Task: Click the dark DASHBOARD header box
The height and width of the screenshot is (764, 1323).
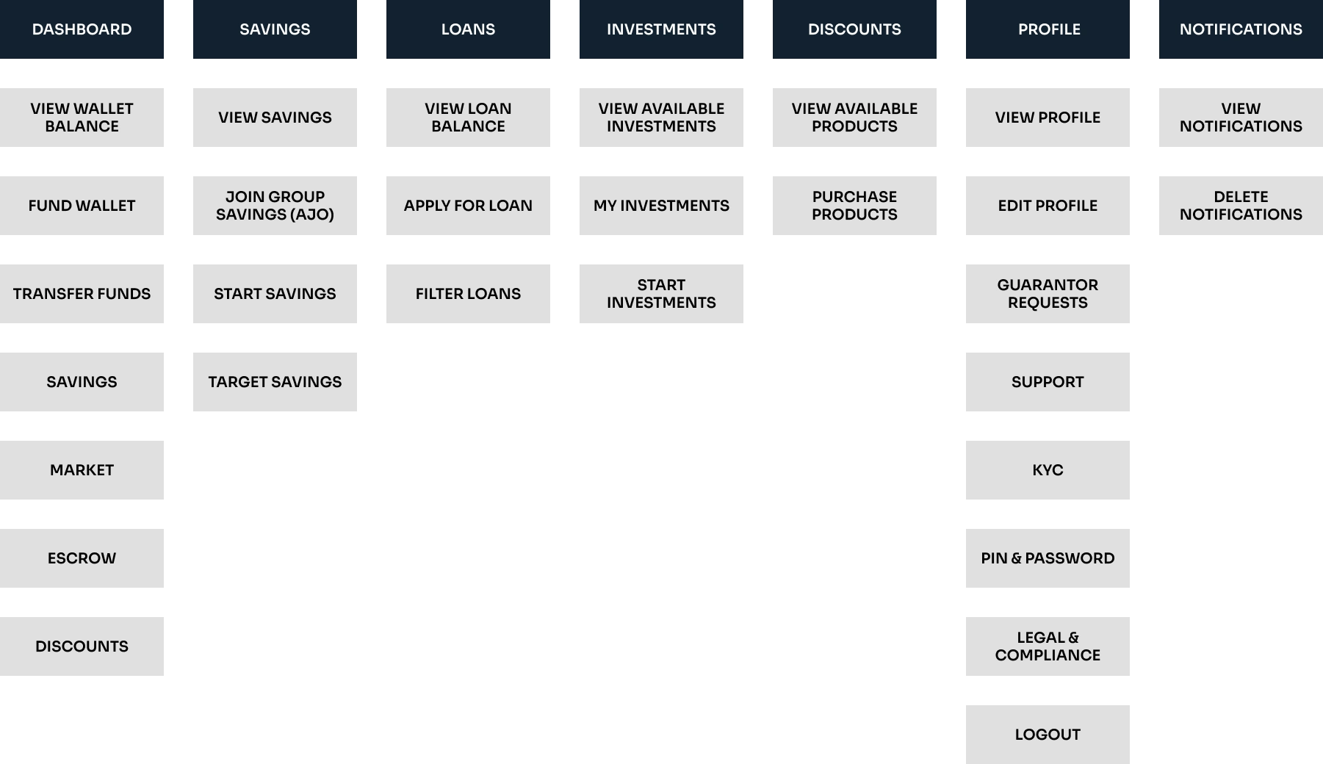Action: pos(82,29)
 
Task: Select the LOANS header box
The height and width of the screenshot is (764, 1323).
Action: pos(468,29)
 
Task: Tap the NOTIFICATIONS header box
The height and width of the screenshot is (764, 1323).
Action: pos(1241,29)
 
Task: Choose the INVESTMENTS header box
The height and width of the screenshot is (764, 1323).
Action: pos(661,29)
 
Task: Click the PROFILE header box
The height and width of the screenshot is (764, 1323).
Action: pos(1048,29)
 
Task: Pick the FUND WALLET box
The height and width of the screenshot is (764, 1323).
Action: pos(82,206)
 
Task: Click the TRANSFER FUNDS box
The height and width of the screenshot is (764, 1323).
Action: pos(82,294)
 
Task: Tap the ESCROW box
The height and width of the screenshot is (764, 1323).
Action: pos(82,558)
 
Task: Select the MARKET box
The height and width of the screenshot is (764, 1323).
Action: pos(82,470)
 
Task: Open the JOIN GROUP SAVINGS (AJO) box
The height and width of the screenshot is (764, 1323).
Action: pos(275,206)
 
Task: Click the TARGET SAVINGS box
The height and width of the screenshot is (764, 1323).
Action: pos(275,382)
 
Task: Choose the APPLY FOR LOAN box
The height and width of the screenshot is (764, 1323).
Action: pos(468,206)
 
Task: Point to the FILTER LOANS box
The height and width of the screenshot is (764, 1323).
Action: pos(468,294)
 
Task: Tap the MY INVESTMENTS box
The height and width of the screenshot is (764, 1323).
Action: pos(661,206)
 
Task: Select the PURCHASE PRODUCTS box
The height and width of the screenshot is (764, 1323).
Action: pos(854,206)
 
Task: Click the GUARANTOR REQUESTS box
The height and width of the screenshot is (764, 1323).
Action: pos(1048,294)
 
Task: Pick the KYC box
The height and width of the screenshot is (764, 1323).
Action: pos(1048,470)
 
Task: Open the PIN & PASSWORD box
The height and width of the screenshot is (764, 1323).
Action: pos(1048,558)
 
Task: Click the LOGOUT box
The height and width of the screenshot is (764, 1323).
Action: pos(1048,735)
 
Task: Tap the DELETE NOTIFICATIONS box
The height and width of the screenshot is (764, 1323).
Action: pos(1241,206)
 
